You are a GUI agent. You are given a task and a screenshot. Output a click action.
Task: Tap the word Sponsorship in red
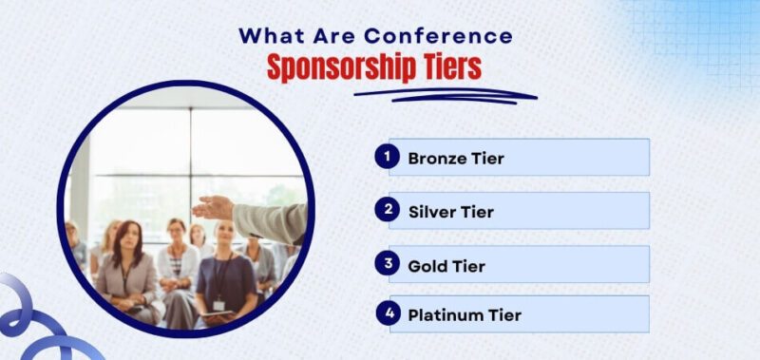341,67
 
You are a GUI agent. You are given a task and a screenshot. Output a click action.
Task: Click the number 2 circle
387,210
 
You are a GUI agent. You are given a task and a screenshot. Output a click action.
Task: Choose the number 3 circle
387,263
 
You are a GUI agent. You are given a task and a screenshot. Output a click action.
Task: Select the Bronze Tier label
456,158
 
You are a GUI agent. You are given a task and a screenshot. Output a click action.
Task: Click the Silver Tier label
451,211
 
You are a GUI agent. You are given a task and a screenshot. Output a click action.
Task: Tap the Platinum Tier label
465,314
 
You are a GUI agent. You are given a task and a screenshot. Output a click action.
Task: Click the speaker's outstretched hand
214,206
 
